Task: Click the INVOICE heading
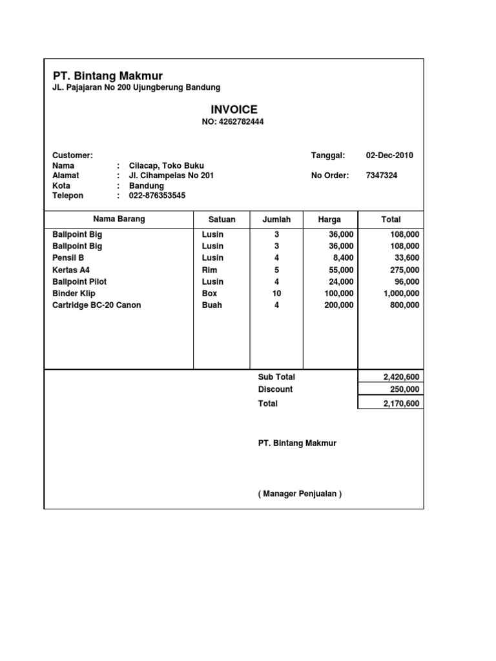click(x=234, y=110)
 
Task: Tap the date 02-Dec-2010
click(x=389, y=156)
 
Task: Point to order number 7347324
click(x=382, y=176)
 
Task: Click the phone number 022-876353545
click(x=157, y=196)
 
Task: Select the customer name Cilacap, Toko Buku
click(x=167, y=166)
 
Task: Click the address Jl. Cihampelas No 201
click(x=171, y=176)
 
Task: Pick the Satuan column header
click(x=222, y=219)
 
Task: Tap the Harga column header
click(x=329, y=219)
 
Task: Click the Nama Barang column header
click(x=119, y=219)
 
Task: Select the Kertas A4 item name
click(x=71, y=270)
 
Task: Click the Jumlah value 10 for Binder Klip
click(x=276, y=293)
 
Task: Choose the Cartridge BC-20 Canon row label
click(x=96, y=305)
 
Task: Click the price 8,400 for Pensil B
click(x=342, y=258)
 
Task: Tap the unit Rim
click(x=209, y=270)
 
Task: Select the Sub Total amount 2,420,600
click(x=400, y=377)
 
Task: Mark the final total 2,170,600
click(x=400, y=403)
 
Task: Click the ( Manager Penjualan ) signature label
click(x=300, y=494)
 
